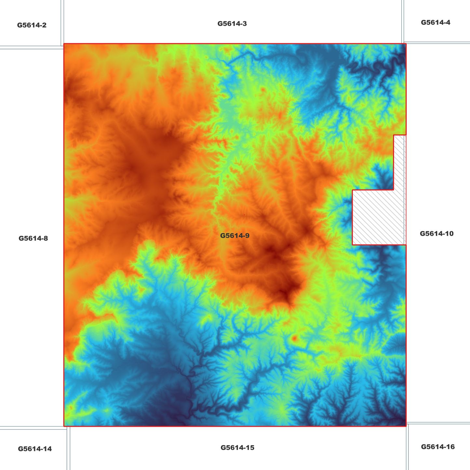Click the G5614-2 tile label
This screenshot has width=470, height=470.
pos(32,25)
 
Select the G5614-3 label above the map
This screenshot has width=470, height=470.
pos(232,23)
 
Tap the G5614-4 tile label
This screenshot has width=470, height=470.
pos(436,22)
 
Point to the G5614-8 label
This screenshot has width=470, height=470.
pos(33,238)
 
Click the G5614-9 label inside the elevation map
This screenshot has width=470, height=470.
pos(235,235)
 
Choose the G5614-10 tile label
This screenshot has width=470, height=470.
pos(436,234)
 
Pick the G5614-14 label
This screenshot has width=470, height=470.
pos(35,449)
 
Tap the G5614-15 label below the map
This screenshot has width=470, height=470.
pos(237,448)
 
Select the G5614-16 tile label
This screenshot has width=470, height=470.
pos(438,447)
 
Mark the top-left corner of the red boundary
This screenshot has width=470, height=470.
pos(64,44)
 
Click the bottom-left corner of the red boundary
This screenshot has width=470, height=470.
pos(64,426)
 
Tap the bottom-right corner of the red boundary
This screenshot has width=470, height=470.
pos(406,426)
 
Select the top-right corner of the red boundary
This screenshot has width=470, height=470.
pos(406,44)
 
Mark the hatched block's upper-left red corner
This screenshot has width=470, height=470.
pos(352,190)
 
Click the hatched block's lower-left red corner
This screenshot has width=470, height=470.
pos(352,245)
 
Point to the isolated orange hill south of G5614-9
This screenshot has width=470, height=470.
pos(294,338)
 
